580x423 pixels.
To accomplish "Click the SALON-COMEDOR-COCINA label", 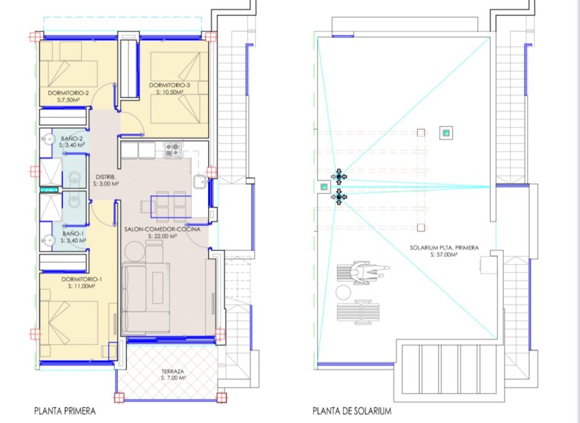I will (x=151, y=229).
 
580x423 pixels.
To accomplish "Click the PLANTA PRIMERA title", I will (x=65, y=411).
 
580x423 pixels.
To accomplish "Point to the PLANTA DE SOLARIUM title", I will (x=352, y=411).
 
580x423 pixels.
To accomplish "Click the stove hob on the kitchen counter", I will (x=172, y=148).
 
